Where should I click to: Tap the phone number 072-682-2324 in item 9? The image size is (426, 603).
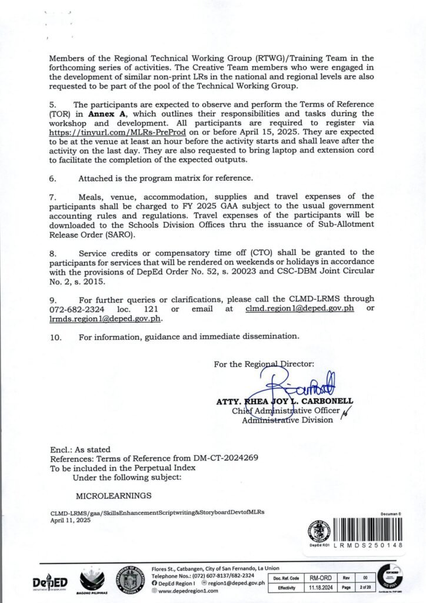[x=77, y=309]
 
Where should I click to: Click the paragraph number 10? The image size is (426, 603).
[x=55, y=337]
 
